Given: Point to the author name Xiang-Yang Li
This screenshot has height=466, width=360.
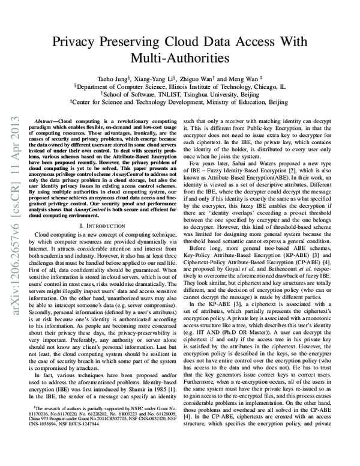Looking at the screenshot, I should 159,78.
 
